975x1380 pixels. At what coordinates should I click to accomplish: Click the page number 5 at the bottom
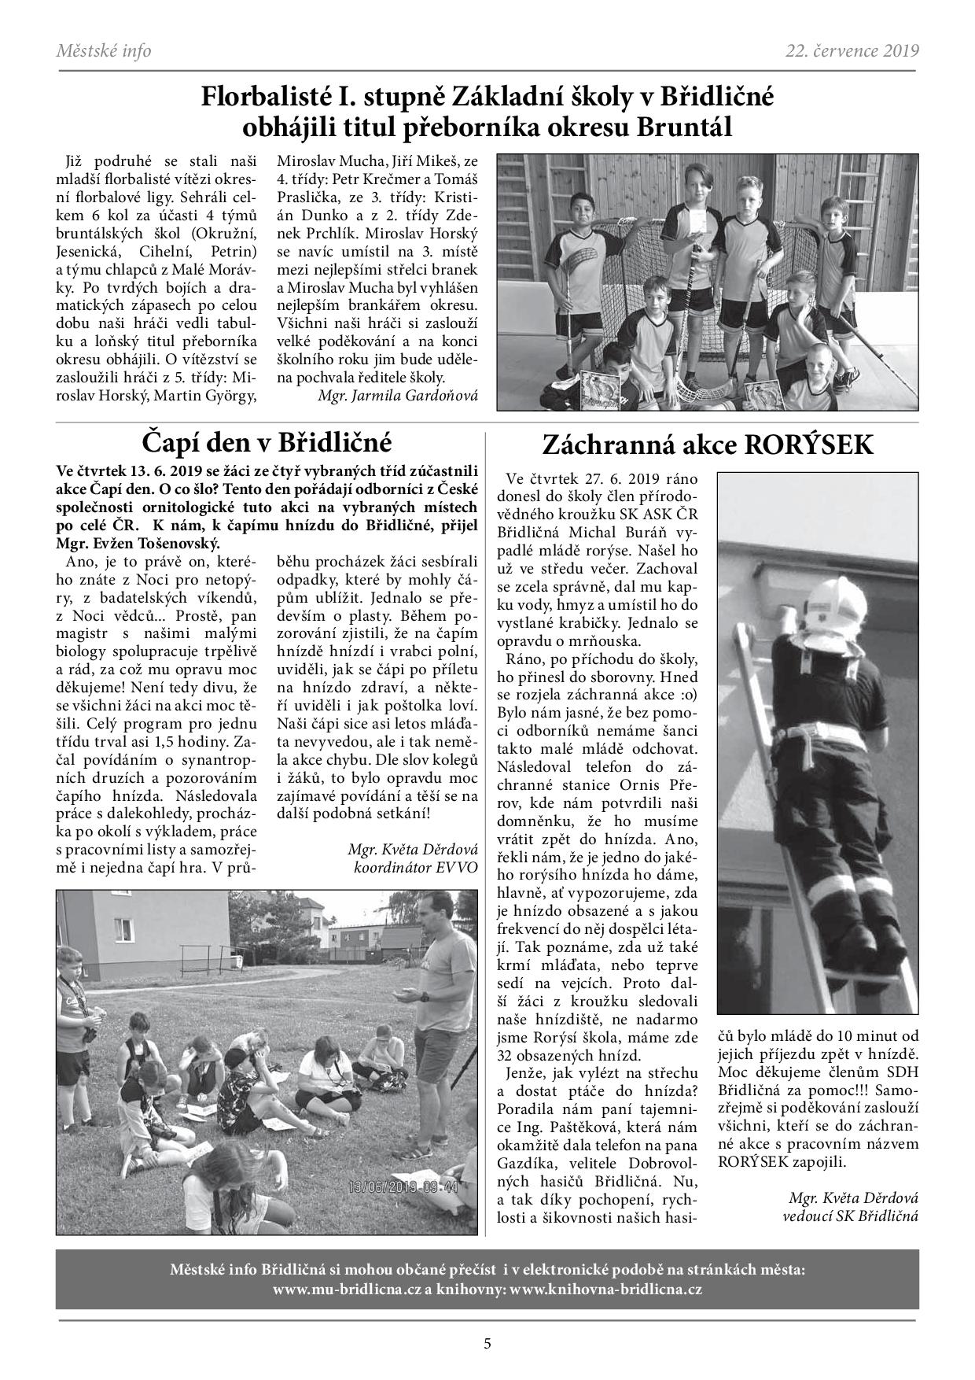pyautogui.click(x=487, y=1344)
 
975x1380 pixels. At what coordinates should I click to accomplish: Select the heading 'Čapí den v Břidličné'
pyautogui.click(x=267, y=441)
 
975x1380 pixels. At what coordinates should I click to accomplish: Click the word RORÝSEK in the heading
pyautogui.click(x=818, y=445)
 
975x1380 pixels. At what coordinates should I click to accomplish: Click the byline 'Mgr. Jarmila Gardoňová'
pyautogui.click(x=399, y=395)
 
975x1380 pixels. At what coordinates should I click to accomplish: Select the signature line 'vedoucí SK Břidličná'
pyautogui.click(x=851, y=1216)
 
